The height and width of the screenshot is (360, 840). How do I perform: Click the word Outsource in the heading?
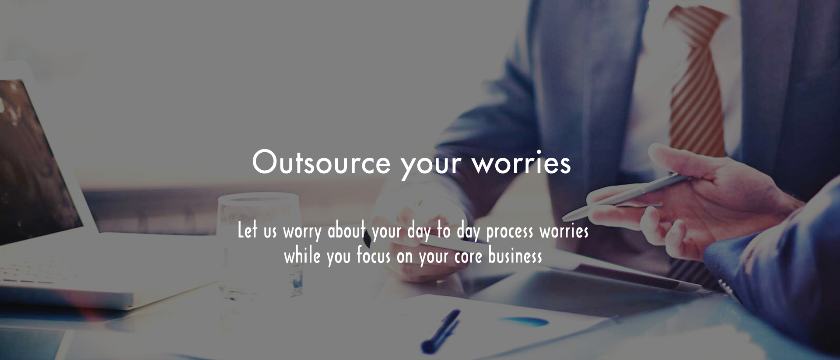(x=321, y=162)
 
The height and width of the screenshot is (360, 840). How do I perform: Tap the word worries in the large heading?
(x=521, y=162)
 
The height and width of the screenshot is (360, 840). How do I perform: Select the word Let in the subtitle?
(x=247, y=230)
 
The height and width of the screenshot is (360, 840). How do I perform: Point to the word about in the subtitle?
(x=346, y=230)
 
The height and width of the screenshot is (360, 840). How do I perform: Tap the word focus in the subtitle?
(x=373, y=255)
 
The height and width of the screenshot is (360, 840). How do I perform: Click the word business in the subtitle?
(x=515, y=255)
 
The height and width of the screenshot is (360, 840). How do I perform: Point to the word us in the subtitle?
(x=270, y=232)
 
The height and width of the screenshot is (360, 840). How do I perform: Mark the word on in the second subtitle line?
(x=405, y=257)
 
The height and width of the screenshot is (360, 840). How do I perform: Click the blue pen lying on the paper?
(x=440, y=331)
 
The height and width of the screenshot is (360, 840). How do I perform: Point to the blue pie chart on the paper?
(x=525, y=321)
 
